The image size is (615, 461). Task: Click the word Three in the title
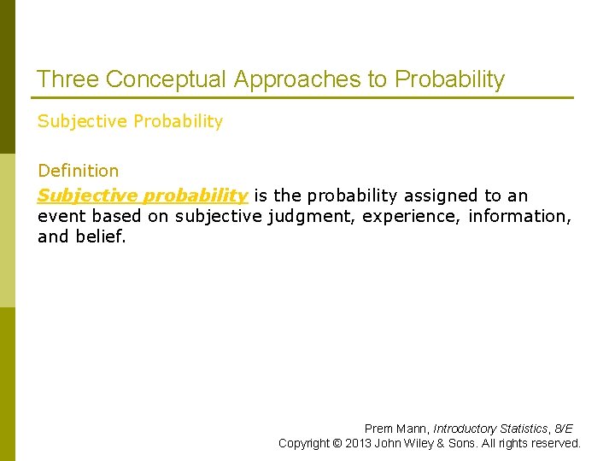[67, 79]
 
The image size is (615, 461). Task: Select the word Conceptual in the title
[166, 79]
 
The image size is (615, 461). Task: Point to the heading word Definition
[79, 171]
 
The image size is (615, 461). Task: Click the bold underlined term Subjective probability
[143, 195]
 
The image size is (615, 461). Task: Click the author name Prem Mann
[396, 429]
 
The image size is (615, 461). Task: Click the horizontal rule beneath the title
[303, 97]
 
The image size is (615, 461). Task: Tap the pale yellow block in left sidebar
[8, 230]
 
